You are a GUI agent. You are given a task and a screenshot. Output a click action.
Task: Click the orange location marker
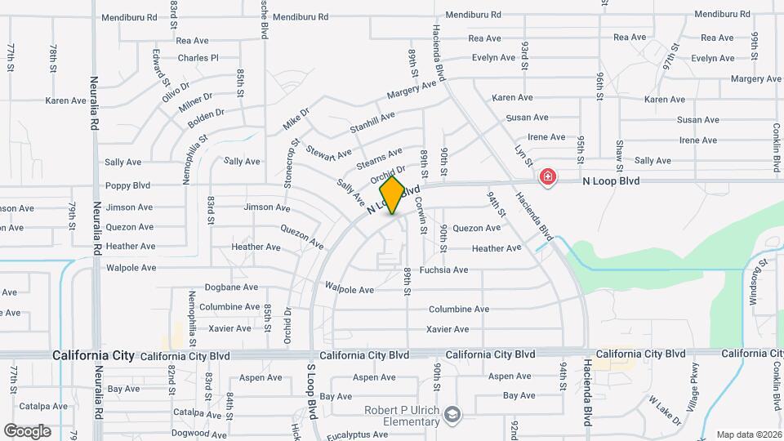(392, 195)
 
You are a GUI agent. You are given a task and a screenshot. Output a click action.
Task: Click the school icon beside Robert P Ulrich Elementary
(452, 416)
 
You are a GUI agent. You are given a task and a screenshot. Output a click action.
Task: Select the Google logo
(27, 430)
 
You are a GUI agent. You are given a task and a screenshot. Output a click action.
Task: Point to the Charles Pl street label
(198, 58)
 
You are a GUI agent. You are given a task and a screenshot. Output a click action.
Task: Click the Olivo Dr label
(176, 89)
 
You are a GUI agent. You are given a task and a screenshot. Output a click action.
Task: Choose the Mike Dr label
(296, 118)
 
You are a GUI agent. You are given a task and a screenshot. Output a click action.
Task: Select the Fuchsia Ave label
(443, 269)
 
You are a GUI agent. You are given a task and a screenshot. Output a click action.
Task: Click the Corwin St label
(423, 219)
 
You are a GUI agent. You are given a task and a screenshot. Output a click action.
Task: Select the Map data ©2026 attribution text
(749, 434)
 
